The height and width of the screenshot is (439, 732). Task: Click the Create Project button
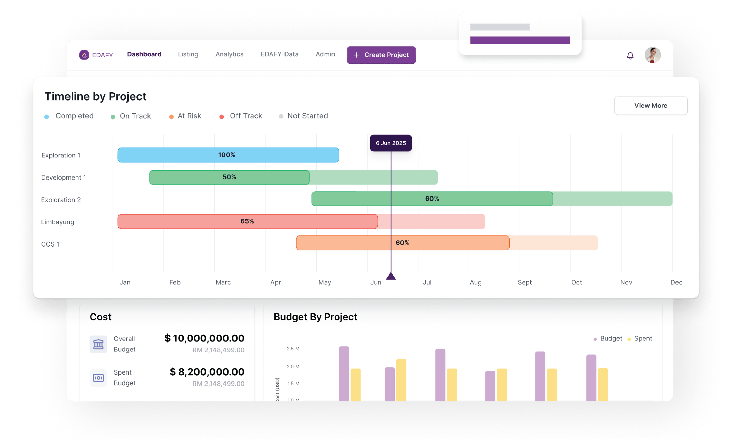pyautogui.click(x=381, y=55)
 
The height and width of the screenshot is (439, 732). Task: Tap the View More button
pyautogui.click(x=651, y=106)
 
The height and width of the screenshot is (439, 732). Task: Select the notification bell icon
pyautogui.click(x=630, y=56)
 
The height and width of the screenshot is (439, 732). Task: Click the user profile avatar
pyautogui.click(x=652, y=55)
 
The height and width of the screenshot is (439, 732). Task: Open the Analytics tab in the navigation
pyautogui.click(x=229, y=54)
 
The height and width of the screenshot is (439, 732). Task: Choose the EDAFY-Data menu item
pyautogui.click(x=280, y=54)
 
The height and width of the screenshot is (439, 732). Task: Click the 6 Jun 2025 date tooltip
pyautogui.click(x=391, y=143)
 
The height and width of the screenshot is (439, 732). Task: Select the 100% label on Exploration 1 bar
pyautogui.click(x=227, y=155)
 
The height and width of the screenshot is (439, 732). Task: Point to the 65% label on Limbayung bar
pyautogui.click(x=247, y=221)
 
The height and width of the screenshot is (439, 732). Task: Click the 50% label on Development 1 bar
pyautogui.click(x=229, y=177)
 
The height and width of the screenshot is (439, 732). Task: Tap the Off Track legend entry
pyautogui.click(x=245, y=116)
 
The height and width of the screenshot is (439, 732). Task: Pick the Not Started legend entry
pyautogui.click(x=307, y=116)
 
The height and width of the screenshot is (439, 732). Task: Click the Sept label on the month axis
pyautogui.click(x=524, y=283)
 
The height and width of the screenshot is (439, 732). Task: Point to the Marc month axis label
pyautogui.click(x=223, y=283)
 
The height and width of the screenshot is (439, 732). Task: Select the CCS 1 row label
pyautogui.click(x=50, y=244)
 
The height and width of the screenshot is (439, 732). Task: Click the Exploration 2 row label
pyautogui.click(x=61, y=200)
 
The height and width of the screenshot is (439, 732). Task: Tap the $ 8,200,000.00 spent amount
pyautogui.click(x=207, y=372)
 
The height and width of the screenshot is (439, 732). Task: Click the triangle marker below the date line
pyautogui.click(x=391, y=276)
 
